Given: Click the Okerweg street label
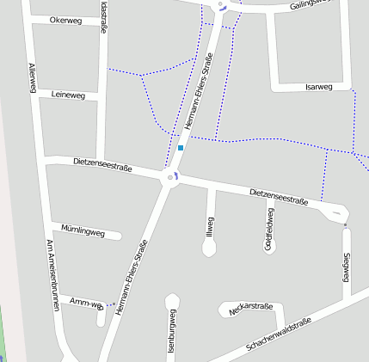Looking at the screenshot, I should click(65, 20).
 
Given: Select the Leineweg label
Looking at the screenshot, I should click(68, 95).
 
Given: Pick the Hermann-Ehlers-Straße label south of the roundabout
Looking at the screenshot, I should click(131, 275).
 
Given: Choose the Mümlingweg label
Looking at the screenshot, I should click(83, 230).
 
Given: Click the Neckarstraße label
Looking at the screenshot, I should click(252, 306).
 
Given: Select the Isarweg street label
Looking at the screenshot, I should click(318, 87).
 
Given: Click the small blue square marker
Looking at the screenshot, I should click(181, 148).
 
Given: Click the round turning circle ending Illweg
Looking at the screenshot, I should click(209, 248).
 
